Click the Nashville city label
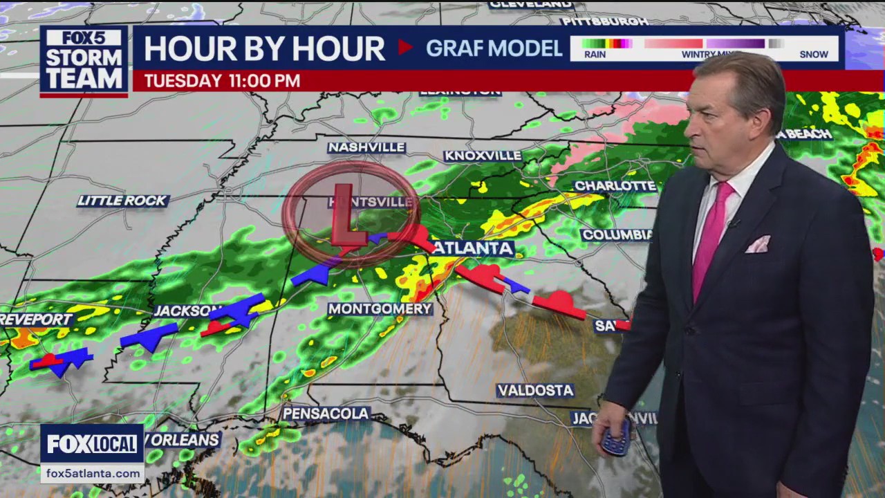[x=366, y=147]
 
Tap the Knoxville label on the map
[x=483, y=156]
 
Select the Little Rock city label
[x=122, y=201]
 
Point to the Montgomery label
[x=380, y=308]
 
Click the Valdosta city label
[x=536, y=391]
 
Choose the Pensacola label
[x=326, y=414]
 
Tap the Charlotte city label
[x=615, y=186]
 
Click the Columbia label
[x=616, y=235]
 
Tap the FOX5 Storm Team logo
[x=84, y=61]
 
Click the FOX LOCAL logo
[x=92, y=444]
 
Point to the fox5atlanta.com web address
[x=92, y=473]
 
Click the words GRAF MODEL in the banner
[x=494, y=48]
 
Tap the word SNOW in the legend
[x=814, y=54]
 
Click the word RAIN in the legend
[x=595, y=54]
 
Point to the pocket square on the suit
[x=758, y=244]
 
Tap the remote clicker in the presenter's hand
[x=615, y=437]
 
